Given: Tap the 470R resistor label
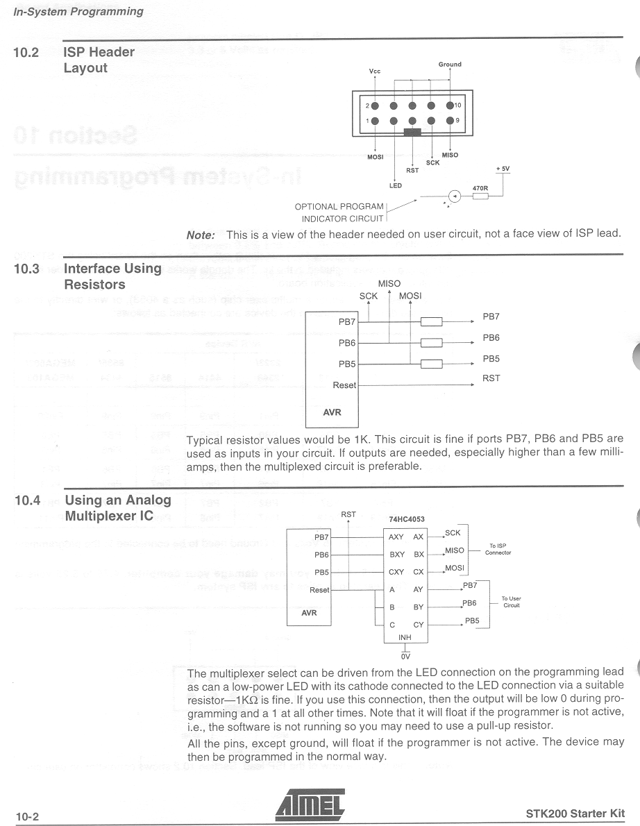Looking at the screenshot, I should [480, 188].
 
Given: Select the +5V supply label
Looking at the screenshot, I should [503, 169].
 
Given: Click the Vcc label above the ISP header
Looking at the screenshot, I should [375, 71].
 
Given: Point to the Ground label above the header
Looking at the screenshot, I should [450, 65].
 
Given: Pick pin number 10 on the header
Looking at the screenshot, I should [458, 106].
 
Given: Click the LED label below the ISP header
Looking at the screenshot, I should [395, 185].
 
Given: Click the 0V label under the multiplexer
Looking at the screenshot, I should [405, 655].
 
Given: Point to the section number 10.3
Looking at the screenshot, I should [26, 269].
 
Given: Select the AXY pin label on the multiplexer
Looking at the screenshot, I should [396, 537].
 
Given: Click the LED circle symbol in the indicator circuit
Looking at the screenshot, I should [453, 196].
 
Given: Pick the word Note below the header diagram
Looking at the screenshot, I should [202, 235].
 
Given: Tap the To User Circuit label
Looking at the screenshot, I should [512, 602].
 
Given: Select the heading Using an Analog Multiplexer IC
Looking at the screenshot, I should [117, 508].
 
